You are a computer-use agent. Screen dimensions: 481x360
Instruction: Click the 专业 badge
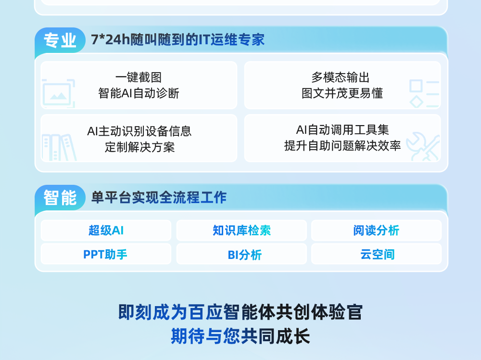click(x=60, y=40)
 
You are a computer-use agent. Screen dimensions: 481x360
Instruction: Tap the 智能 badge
click(x=60, y=198)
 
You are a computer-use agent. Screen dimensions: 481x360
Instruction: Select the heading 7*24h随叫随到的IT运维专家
click(x=177, y=40)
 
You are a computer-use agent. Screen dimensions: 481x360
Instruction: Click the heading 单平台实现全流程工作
click(x=159, y=197)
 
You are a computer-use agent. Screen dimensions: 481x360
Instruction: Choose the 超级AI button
click(x=106, y=230)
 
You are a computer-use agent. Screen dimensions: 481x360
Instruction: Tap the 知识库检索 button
click(x=241, y=230)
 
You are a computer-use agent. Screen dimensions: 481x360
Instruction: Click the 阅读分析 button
click(x=377, y=230)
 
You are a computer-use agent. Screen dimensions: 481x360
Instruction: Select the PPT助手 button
click(x=106, y=254)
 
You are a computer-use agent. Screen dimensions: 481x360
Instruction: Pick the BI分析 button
click(x=241, y=254)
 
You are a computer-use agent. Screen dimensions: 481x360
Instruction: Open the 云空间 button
click(x=377, y=254)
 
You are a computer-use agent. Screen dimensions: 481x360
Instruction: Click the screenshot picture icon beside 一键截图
click(x=58, y=93)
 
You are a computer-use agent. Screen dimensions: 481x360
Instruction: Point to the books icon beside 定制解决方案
click(x=59, y=147)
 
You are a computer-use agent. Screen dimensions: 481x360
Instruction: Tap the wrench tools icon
click(x=423, y=146)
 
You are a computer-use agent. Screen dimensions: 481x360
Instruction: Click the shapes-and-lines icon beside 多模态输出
click(x=424, y=93)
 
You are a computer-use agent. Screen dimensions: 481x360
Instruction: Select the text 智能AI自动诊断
click(x=139, y=93)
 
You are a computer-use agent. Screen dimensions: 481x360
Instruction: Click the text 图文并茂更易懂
click(x=342, y=93)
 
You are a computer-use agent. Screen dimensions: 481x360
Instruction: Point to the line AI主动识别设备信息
click(x=139, y=131)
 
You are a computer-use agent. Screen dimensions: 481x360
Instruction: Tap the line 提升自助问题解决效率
click(x=342, y=146)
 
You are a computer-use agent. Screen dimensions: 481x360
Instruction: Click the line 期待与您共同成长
click(x=240, y=336)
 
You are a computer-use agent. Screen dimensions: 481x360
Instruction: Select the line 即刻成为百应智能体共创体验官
click(x=240, y=312)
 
